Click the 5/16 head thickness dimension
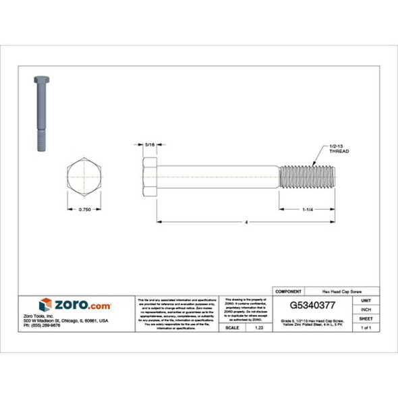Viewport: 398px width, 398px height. [150, 144]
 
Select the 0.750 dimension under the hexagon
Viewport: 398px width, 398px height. [84, 210]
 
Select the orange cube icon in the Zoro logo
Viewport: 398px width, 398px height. [45, 304]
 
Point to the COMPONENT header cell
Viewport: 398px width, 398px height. [289, 291]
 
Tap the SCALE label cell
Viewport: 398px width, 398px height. [233, 327]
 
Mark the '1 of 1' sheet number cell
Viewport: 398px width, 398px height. [366, 327]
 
